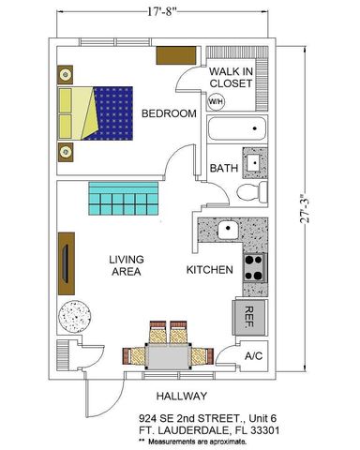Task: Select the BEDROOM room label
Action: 169,113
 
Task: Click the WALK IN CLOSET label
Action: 231,77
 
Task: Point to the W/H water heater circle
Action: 216,100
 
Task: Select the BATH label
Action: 223,169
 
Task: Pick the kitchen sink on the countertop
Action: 225,231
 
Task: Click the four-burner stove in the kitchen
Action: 254,268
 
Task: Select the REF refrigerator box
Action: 250,314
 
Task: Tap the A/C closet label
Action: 252,356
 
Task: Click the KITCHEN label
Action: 209,270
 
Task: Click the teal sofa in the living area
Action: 122,199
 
